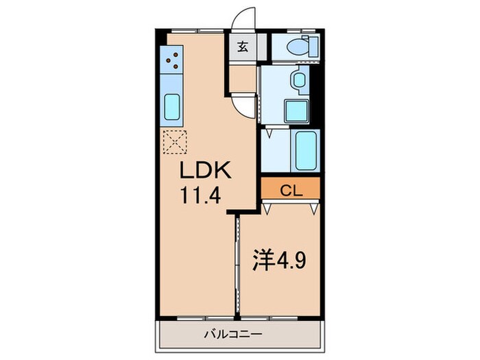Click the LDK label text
click(200, 170)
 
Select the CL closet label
click(290, 189)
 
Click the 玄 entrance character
click(243, 47)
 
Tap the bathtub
click(304, 149)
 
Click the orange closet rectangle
click(290, 189)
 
